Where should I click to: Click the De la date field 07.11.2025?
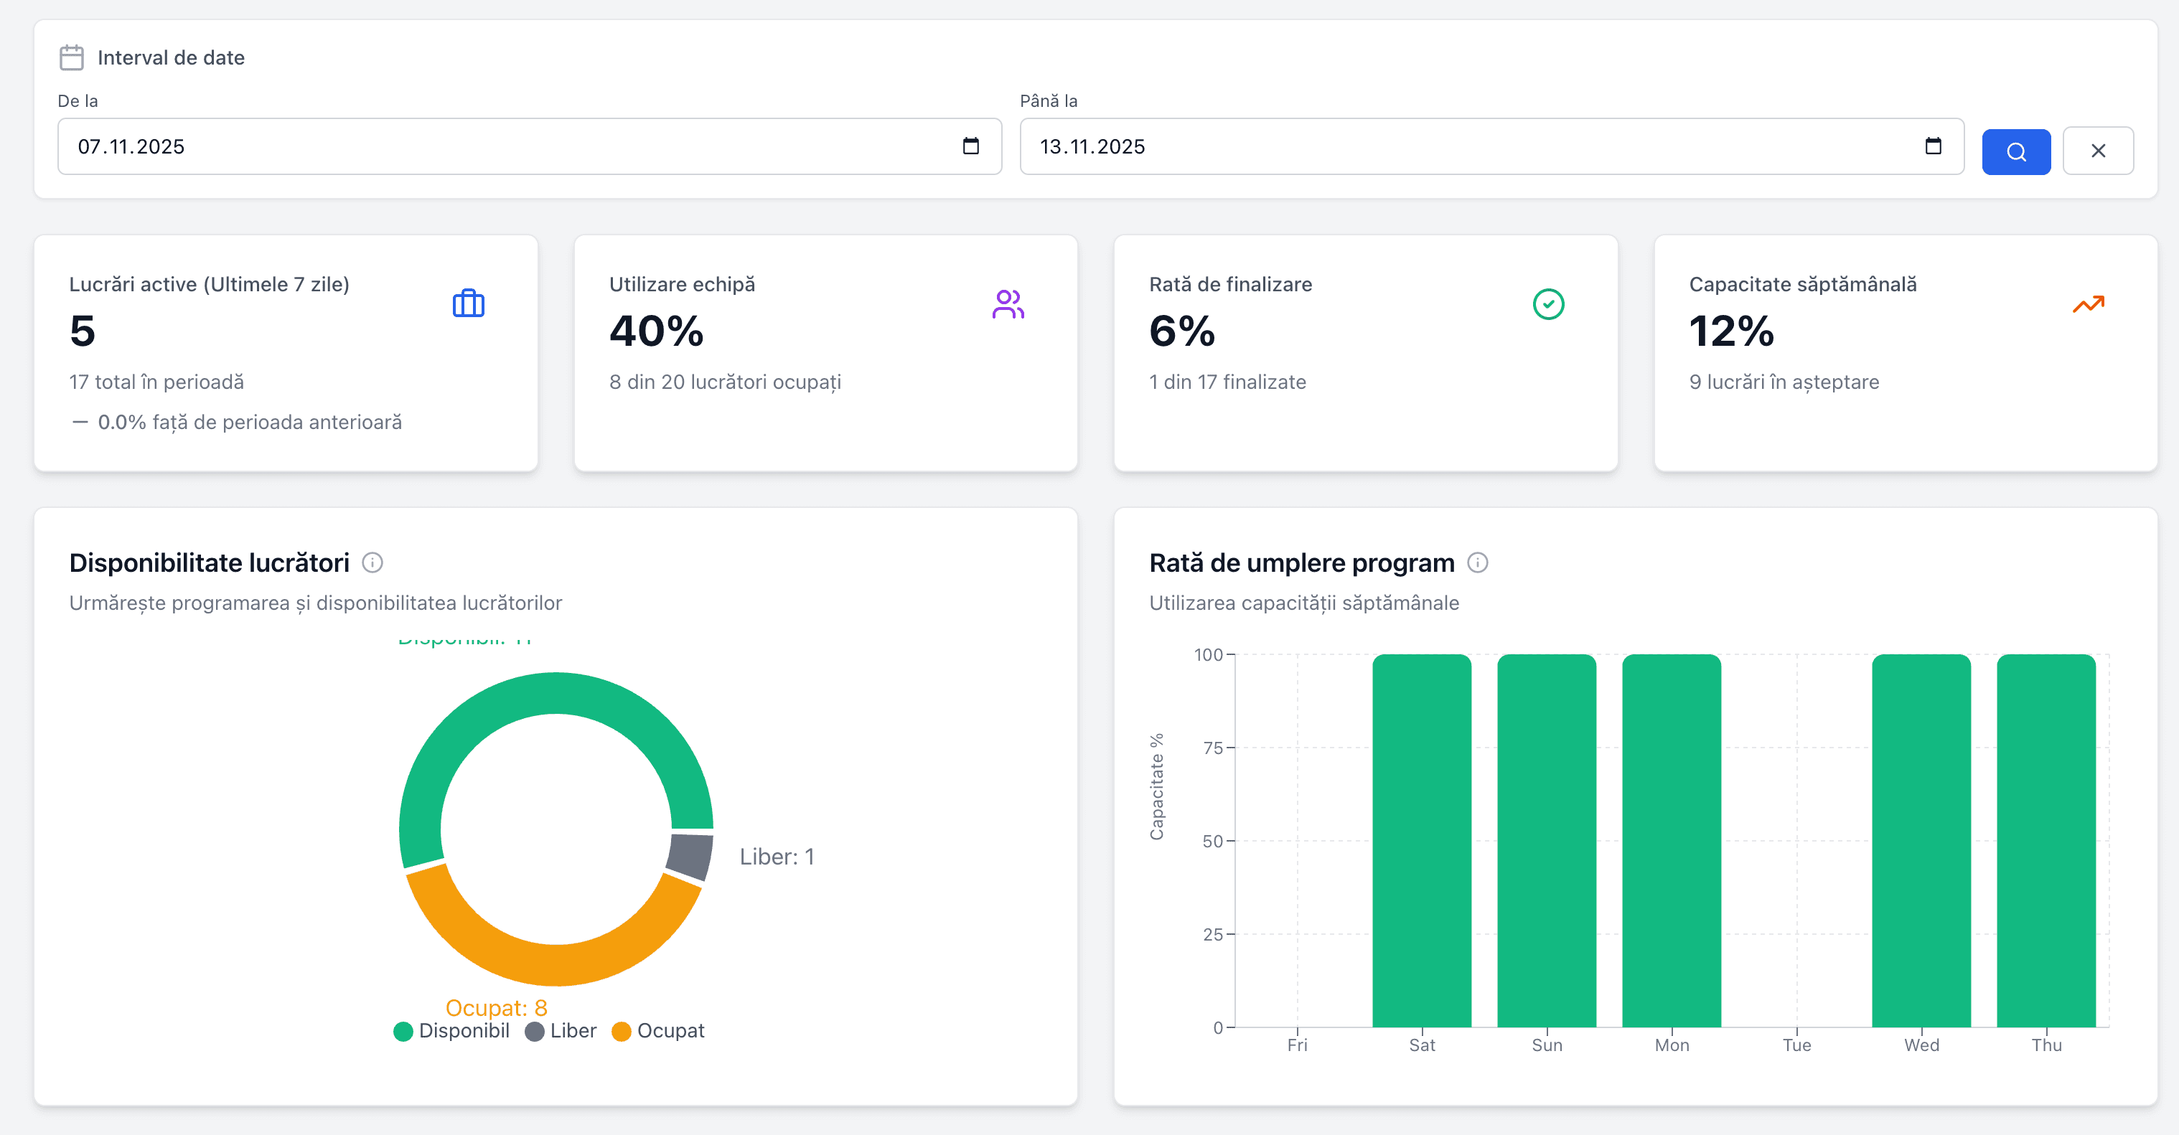pos(507,146)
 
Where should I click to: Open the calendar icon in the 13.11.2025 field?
pos(1933,146)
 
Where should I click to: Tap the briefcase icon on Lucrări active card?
pos(468,303)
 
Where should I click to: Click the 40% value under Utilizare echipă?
pos(657,331)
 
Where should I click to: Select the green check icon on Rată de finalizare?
pos(1548,303)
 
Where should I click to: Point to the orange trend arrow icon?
pos(2088,303)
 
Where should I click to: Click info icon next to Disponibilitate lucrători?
pos(372,562)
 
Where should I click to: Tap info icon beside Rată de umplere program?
pos(1477,562)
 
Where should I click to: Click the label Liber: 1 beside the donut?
pos(777,857)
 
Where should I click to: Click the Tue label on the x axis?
pos(1796,1045)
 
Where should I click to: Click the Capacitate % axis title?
pos(1156,786)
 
